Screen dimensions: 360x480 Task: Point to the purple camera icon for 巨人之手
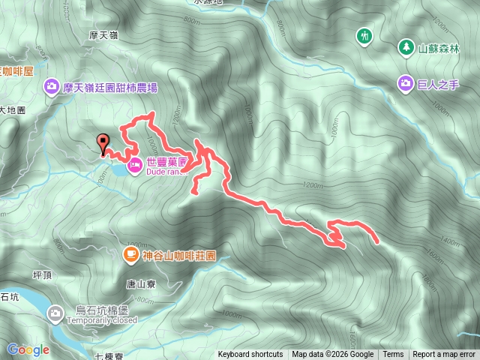point(406,83)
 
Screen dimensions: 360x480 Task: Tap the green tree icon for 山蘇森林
point(406,47)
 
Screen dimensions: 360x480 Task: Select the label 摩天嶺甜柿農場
point(110,88)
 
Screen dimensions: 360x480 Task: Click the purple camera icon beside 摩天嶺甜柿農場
point(52,87)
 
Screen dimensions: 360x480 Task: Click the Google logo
point(28,349)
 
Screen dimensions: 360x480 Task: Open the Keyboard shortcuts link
point(250,355)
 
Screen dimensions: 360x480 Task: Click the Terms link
point(393,355)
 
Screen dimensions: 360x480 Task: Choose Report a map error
point(444,355)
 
